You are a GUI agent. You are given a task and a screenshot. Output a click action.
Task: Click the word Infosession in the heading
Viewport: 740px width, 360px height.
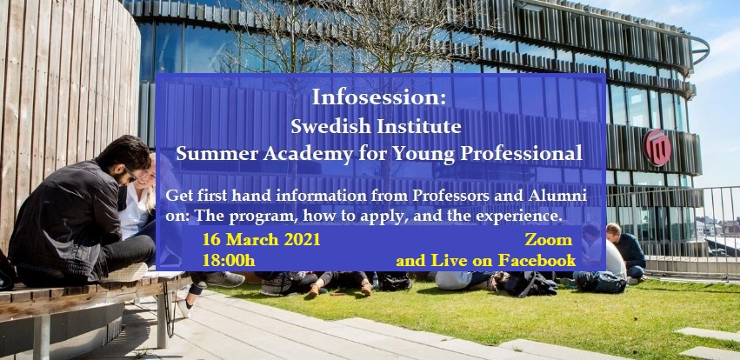click(x=375, y=97)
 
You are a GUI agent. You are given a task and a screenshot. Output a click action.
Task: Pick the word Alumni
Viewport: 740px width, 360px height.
click(x=564, y=196)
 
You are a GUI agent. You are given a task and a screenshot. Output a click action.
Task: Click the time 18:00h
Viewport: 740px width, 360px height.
click(x=229, y=260)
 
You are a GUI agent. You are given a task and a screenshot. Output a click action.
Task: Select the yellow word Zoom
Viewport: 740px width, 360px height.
click(x=549, y=240)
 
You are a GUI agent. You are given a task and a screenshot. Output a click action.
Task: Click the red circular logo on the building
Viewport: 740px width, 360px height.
click(x=657, y=147)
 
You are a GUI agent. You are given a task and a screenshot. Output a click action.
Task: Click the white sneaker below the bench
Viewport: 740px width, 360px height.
click(x=184, y=307)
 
